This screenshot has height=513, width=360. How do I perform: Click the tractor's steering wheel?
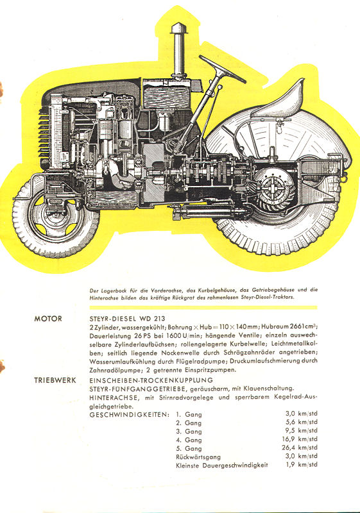point(222,69)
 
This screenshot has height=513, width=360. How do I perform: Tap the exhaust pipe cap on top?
point(178,28)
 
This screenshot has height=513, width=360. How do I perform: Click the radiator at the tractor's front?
point(56,131)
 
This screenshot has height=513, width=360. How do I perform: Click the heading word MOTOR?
point(48,319)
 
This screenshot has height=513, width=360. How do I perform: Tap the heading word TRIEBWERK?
point(55,380)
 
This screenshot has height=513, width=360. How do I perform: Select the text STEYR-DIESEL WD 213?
point(127,319)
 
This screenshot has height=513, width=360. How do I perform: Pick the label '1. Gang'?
point(189,414)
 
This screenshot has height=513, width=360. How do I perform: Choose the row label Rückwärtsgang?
point(198,457)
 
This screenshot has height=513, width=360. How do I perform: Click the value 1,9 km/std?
point(302,464)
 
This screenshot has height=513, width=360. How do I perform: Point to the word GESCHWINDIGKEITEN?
point(129,414)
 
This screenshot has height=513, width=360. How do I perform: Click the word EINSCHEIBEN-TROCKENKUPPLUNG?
point(151,380)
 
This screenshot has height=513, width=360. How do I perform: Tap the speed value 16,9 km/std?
point(300,439)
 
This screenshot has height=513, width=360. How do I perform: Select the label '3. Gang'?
point(189,432)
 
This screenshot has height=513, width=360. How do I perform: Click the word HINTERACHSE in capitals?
point(114,397)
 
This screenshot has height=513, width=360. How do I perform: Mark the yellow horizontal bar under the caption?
point(203,308)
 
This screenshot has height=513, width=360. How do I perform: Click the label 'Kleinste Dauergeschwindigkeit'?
point(222,465)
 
